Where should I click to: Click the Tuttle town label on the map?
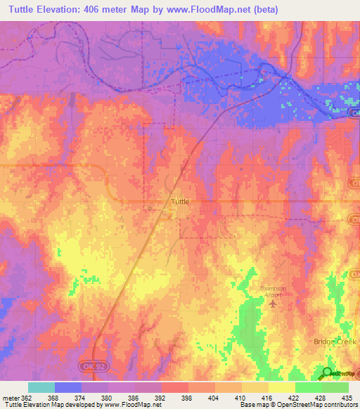tap(181, 202)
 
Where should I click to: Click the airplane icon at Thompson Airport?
tap(274, 303)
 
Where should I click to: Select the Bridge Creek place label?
tap(335, 341)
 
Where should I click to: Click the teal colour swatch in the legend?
tap(41, 387)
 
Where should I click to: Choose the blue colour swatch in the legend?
tap(67, 387)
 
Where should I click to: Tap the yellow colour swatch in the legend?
tap(281, 387)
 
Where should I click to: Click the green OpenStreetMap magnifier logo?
tap(328, 372)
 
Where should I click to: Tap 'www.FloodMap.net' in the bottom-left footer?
tap(141, 405)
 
